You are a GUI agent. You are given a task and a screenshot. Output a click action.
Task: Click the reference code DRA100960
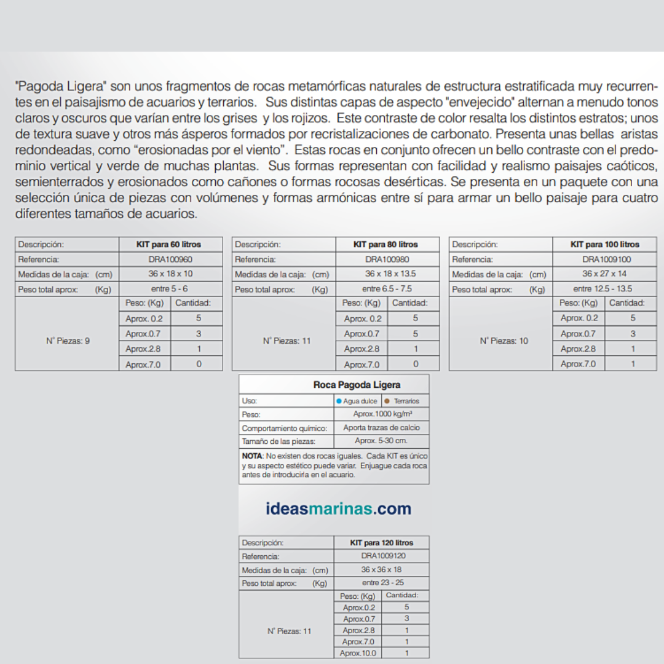(x=170, y=259)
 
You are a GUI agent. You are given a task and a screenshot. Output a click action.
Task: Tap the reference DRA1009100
(x=606, y=259)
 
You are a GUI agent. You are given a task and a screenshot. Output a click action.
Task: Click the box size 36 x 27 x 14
(x=604, y=274)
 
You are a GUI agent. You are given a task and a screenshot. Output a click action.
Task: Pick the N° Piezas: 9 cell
(x=68, y=340)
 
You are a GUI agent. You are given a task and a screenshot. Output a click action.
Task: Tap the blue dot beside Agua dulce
(x=339, y=401)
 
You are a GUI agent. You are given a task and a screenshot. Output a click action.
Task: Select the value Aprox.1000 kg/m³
(x=382, y=414)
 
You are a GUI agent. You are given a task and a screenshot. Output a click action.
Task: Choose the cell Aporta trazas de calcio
(x=381, y=427)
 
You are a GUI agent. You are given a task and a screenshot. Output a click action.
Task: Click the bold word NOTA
(x=252, y=456)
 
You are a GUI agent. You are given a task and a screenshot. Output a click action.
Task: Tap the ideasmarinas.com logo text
(x=339, y=508)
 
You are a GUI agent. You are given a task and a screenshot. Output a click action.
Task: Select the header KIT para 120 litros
(x=381, y=542)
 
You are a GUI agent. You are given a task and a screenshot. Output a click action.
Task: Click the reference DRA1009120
(x=382, y=556)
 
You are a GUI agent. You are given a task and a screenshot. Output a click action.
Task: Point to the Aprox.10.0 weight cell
(x=358, y=653)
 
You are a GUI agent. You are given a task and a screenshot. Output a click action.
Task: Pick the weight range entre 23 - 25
(x=382, y=582)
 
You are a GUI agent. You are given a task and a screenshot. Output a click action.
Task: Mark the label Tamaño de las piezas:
(x=279, y=441)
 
